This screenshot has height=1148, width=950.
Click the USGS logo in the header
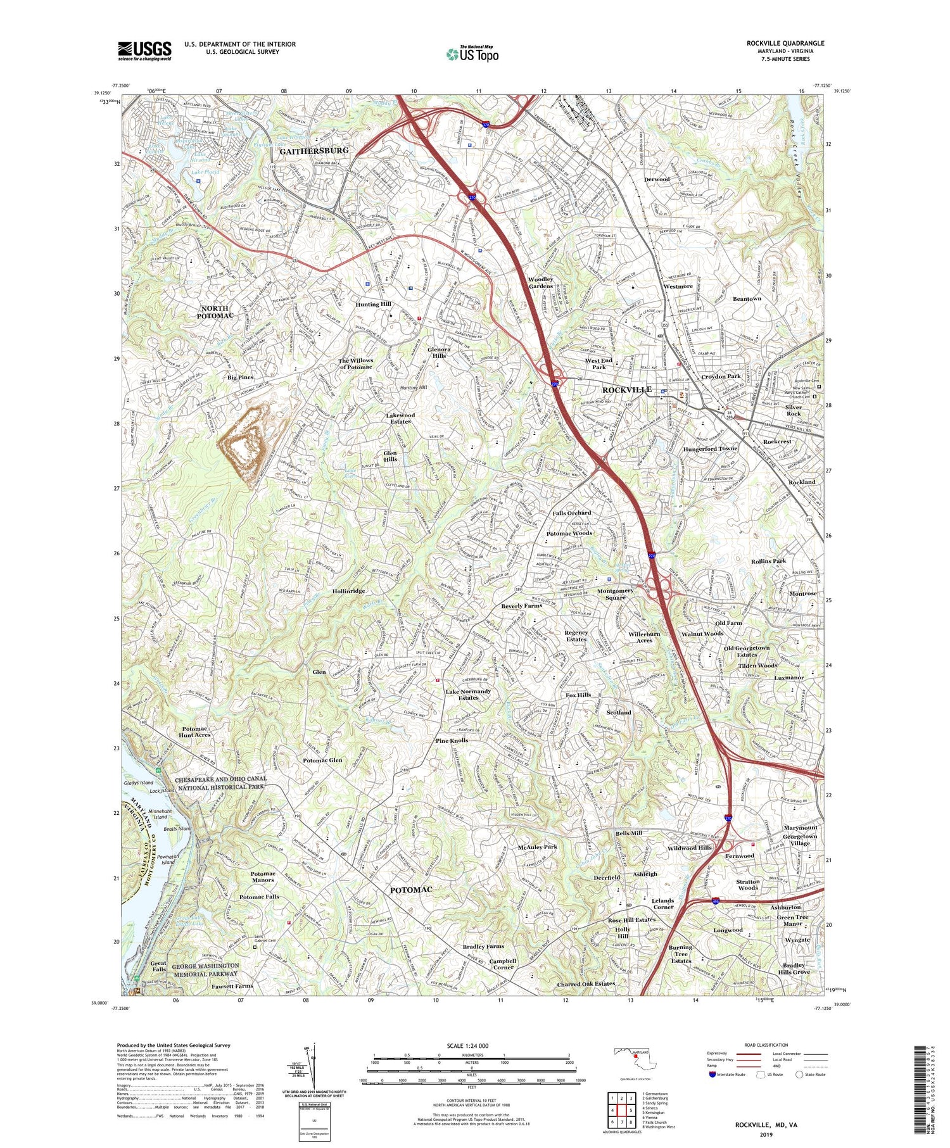(144, 51)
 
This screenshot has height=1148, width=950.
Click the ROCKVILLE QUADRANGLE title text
(785, 44)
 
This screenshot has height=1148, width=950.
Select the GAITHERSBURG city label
(314, 151)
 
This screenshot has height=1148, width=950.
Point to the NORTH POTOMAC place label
(215, 312)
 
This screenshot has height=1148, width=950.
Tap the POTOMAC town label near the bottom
(411, 890)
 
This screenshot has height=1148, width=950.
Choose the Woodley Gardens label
(540, 283)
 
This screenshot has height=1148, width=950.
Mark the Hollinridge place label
(348, 591)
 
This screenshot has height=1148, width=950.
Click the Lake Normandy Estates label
(468, 694)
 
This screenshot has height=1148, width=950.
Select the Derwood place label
(656, 179)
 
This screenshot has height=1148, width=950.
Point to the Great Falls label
(158, 966)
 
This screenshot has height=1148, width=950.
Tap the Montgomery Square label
(615, 594)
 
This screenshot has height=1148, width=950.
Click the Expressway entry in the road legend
(719, 1054)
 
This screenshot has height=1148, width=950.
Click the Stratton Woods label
(747, 885)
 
